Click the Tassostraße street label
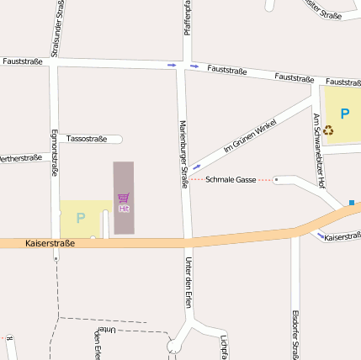pos(86,138)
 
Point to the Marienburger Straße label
pos(183,153)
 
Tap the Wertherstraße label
pos(20,158)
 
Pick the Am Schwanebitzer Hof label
pos(319,150)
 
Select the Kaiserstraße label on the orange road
pos(50,243)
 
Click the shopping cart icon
pos(124,199)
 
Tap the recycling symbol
pos(328,130)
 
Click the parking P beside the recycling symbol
pos(344,113)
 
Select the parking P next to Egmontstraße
pos(81,218)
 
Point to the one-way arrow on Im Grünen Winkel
pos(196,167)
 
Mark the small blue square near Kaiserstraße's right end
pos(352,202)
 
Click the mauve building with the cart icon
pos(124,185)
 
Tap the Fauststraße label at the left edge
pos(23,61)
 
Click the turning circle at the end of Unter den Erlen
pos(174,346)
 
